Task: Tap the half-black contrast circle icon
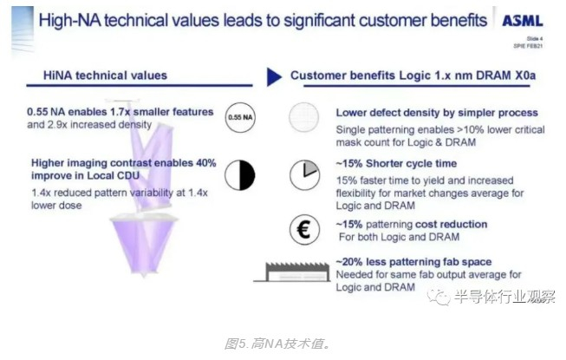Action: pos(239,175)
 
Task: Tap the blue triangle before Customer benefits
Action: pos(274,77)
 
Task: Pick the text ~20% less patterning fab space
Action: pos(413,261)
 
